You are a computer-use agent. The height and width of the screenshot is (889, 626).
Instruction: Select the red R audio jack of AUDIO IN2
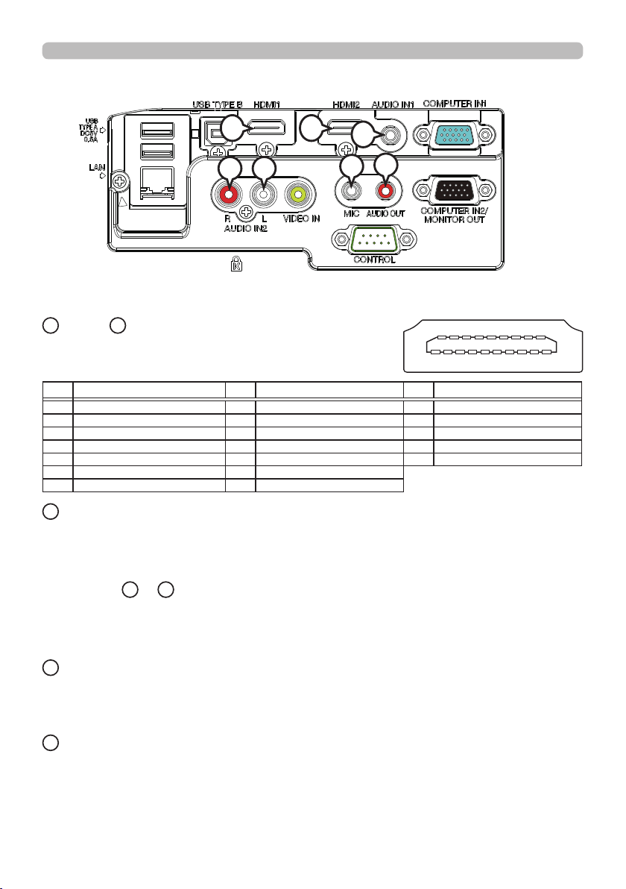[x=227, y=195]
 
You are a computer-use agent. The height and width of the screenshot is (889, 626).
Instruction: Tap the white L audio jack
[x=262, y=195]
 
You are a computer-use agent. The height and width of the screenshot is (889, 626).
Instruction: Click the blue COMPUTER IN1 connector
[x=455, y=135]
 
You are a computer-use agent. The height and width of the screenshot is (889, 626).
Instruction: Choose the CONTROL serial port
[x=375, y=239]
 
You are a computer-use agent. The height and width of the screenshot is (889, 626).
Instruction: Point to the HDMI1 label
[x=270, y=106]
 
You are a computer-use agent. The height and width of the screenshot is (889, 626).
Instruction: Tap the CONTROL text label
[x=375, y=260]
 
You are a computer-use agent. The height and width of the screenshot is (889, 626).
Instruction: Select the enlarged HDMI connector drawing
[x=493, y=346]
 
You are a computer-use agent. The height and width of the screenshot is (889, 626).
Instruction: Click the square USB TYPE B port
[x=214, y=133]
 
